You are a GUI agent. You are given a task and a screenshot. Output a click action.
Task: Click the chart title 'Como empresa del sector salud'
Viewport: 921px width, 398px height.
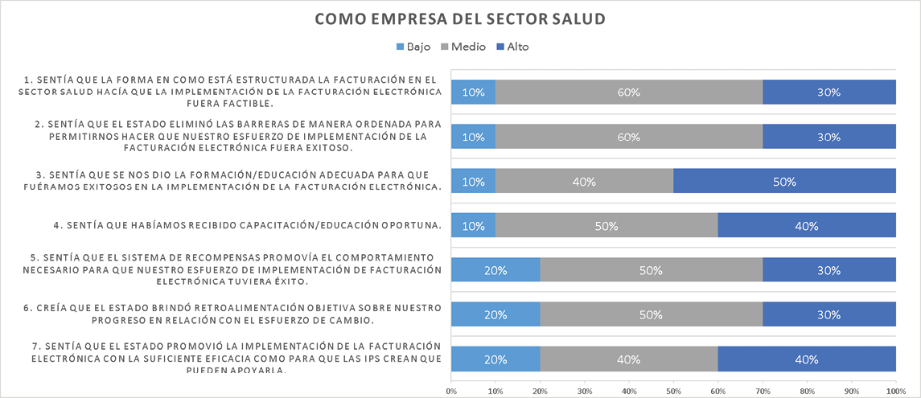(x=459, y=18)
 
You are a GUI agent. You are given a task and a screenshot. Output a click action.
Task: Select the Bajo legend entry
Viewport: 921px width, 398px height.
(x=413, y=47)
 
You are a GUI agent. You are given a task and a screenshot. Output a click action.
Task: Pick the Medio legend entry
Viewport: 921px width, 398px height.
(x=463, y=47)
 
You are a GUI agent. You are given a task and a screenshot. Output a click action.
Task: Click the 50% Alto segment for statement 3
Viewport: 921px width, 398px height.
(x=784, y=181)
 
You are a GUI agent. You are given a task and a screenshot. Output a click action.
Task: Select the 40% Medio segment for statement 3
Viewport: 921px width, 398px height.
(x=584, y=181)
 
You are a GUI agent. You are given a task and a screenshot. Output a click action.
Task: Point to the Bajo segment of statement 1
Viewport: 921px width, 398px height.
(x=473, y=92)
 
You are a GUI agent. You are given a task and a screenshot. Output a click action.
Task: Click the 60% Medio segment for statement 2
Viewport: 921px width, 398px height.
(x=628, y=137)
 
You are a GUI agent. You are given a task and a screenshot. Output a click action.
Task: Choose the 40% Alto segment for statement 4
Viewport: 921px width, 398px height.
(x=807, y=226)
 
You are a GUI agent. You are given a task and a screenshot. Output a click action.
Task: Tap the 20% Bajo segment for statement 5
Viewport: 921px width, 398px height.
(x=495, y=270)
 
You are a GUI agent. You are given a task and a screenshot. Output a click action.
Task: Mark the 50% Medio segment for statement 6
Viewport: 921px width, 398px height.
(x=651, y=314)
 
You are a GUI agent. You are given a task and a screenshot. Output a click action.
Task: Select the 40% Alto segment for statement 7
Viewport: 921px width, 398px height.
(x=807, y=359)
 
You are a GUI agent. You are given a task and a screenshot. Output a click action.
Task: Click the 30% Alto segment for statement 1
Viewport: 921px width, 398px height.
(x=829, y=92)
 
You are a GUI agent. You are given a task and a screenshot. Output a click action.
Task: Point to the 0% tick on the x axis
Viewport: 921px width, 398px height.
(x=451, y=392)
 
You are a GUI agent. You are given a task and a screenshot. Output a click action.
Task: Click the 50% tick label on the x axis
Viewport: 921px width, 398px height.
(x=673, y=392)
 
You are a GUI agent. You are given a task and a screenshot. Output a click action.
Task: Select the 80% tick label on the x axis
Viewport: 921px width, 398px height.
(x=807, y=392)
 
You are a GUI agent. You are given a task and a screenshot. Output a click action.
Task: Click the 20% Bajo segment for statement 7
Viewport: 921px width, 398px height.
(x=495, y=359)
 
